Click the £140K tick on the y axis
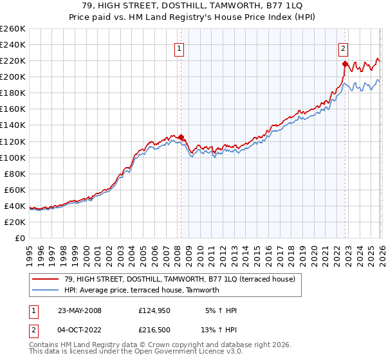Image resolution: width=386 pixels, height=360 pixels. [13, 125]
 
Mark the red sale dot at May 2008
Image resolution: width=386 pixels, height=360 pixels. [181, 137]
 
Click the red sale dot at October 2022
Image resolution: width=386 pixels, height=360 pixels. [345, 64]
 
